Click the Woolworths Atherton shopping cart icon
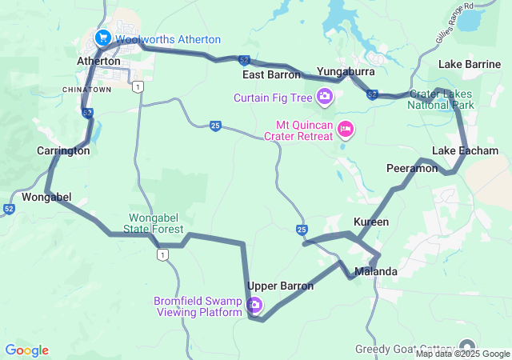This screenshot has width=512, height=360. pos(102,38)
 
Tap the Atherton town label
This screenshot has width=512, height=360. pos(98,61)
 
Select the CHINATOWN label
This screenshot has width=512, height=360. pos(86,89)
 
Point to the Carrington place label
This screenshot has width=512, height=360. pos(62,150)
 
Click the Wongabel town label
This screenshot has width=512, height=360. pos(47,197)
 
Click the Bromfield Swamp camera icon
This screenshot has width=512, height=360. pos(254,304)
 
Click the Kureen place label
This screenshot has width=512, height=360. pos(371,221)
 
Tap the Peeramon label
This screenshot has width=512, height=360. pos(412,168)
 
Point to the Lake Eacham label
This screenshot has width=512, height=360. pos(465,150)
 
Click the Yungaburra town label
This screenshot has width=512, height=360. pos(346,70)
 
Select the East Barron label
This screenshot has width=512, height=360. pos(272,74)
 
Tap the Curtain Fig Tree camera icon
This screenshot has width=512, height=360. pos(324,98)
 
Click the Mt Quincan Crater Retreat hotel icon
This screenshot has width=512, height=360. pos(346,128)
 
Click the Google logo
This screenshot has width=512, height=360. pos(26,350)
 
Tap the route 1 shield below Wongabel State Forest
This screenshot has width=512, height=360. pos(162,254)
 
